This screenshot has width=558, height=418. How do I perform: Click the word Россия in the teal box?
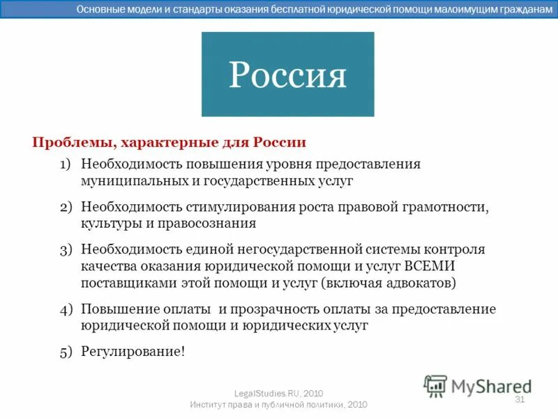click(x=287, y=75)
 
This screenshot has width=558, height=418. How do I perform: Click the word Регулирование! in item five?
click(x=133, y=351)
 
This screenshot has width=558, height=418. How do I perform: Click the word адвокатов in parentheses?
click(x=418, y=283)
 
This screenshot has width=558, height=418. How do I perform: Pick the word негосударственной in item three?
click(x=299, y=249)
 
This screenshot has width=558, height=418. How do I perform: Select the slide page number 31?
click(x=519, y=399)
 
